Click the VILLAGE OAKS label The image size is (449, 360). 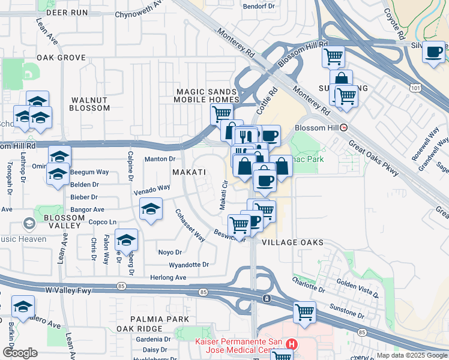coord(293,242)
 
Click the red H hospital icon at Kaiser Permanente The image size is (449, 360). coord(292,344)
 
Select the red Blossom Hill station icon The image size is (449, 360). coord(344,128)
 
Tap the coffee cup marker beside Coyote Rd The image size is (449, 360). coord(433,52)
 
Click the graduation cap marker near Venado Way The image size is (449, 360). coord(150,209)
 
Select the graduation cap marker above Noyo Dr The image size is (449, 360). coord(126,241)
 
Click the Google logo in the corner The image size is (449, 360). coord(20,353)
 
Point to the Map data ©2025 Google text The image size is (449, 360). coord(411,355)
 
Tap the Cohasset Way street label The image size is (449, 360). coord(190,226)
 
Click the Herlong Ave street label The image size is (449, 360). coord(169,277)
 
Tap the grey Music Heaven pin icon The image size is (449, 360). coord(28,224)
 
